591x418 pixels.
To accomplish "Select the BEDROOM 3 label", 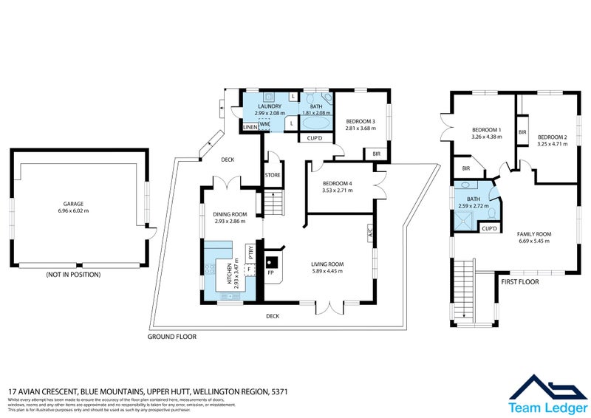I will pyautogui.click(x=361, y=121).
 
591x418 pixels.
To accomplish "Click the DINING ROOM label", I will pyautogui.click(x=229, y=214).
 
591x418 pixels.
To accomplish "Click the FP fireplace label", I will pyautogui.click(x=271, y=273).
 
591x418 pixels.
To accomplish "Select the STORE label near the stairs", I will pyautogui.click(x=273, y=175).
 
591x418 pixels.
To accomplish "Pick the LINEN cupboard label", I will pyautogui.click(x=250, y=128).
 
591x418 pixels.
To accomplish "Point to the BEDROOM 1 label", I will pyautogui.click(x=487, y=130).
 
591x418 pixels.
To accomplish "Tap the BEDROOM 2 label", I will pyautogui.click(x=553, y=137).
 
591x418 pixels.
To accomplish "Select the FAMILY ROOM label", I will pyautogui.click(x=536, y=234).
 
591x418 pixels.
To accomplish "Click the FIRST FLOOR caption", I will pyautogui.click(x=521, y=282).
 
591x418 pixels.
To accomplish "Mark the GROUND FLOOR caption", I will pyautogui.click(x=172, y=336).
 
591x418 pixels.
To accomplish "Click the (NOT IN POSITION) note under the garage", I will pyautogui.click(x=73, y=275).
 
